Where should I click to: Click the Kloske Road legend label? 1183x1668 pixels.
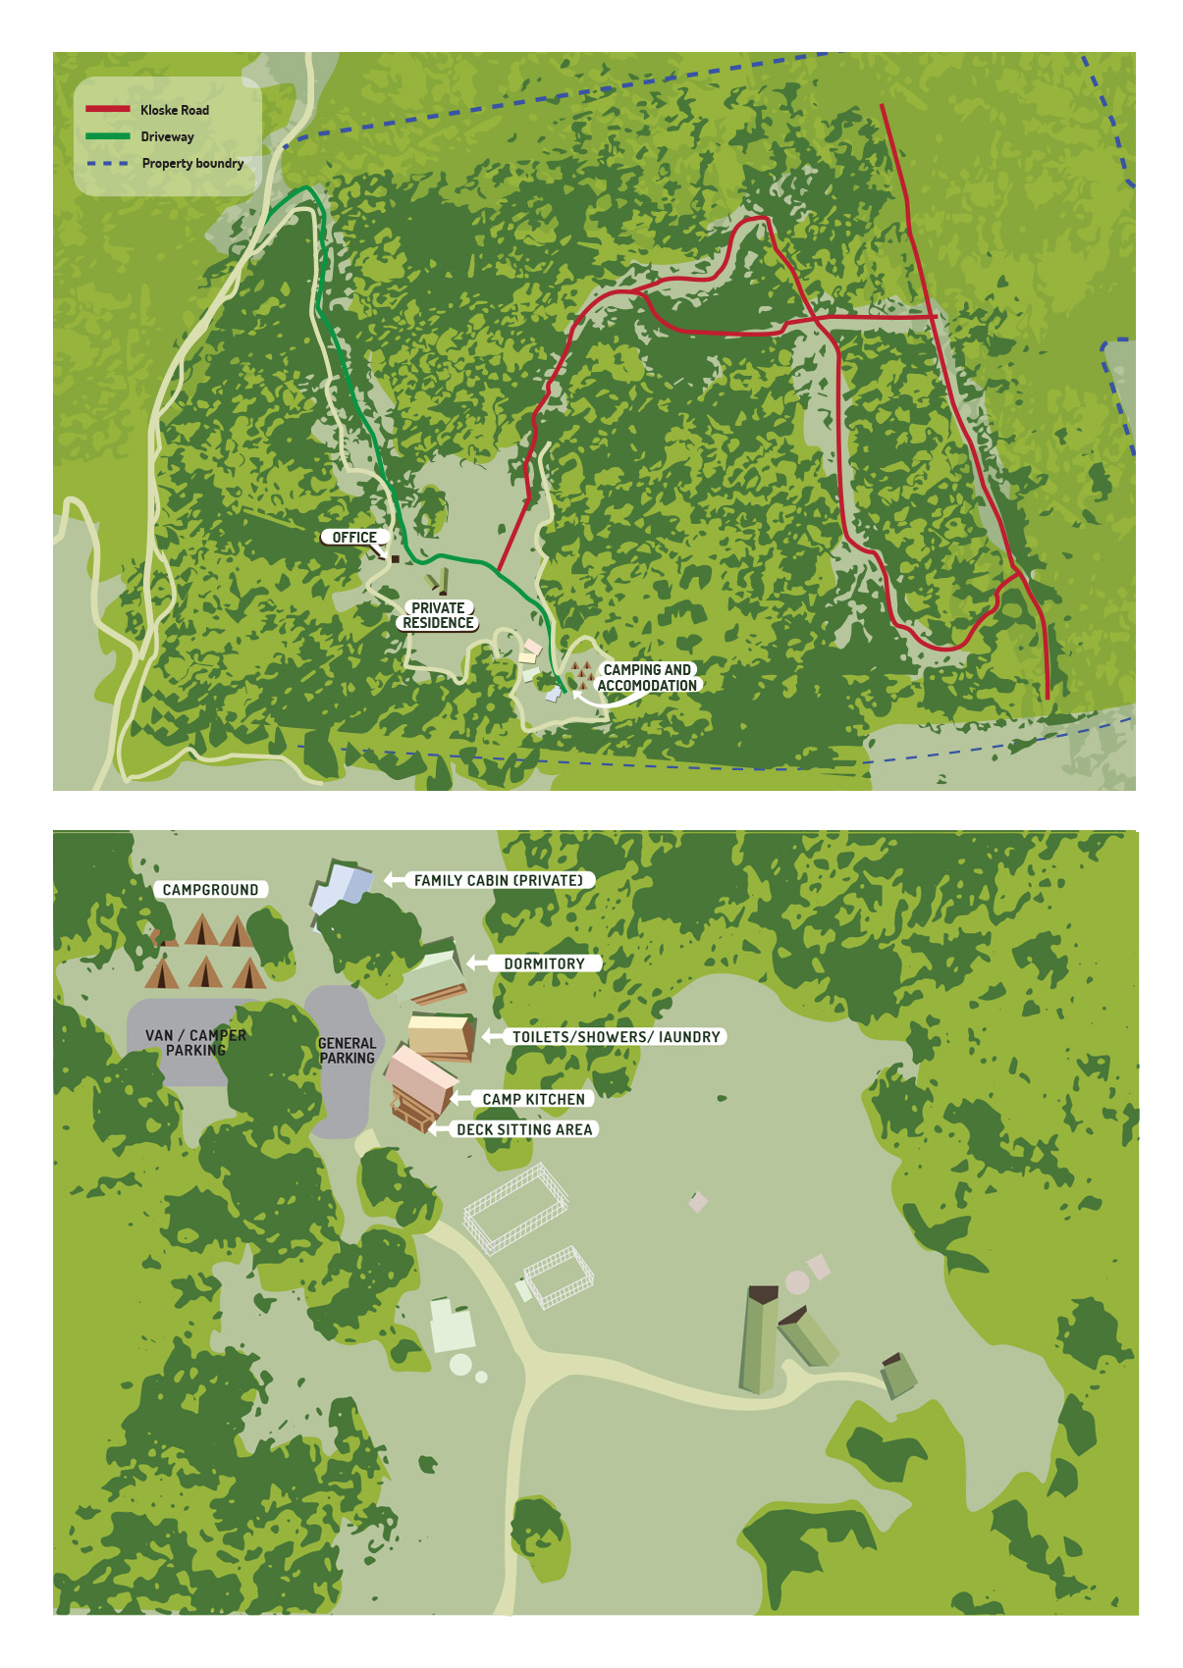[x=174, y=110]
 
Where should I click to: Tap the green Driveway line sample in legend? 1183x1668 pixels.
[x=107, y=136]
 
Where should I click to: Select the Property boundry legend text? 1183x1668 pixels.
[x=192, y=163]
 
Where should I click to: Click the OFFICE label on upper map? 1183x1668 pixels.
[x=353, y=537]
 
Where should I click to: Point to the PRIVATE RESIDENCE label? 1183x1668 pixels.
[x=438, y=615]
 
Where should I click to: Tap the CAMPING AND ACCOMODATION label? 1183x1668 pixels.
[x=647, y=677]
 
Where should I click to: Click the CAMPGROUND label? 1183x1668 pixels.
[x=210, y=890]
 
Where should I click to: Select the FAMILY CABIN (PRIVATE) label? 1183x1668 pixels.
[x=498, y=880]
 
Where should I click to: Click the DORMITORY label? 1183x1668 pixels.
[x=544, y=964]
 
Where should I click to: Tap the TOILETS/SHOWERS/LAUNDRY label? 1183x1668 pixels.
[x=616, y=1036]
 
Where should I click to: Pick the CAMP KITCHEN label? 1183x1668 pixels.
[x=533, y=1099]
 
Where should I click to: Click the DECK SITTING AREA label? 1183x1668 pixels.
[x=524, y=1129]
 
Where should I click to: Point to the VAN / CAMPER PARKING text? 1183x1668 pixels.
[x=195, y=1042]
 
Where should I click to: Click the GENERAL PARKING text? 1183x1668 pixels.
[x=347, y=1050]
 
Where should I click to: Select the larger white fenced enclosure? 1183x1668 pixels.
[x=515, y=1207]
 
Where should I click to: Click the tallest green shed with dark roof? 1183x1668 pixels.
[x=759, y=1339]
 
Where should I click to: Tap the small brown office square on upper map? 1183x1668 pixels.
[x=396, y=558]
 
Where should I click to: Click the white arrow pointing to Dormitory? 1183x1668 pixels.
[x=478, y=964]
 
